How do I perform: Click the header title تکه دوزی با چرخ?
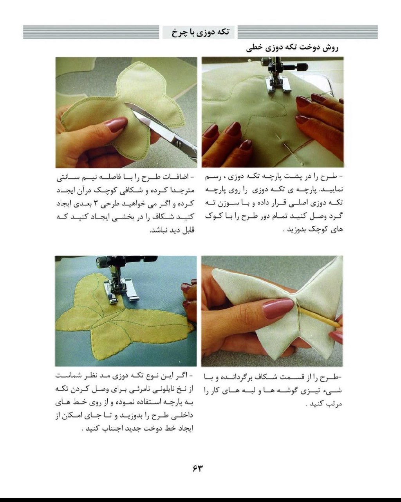coord(200,32)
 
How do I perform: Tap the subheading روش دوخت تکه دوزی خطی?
coord(292,48)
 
